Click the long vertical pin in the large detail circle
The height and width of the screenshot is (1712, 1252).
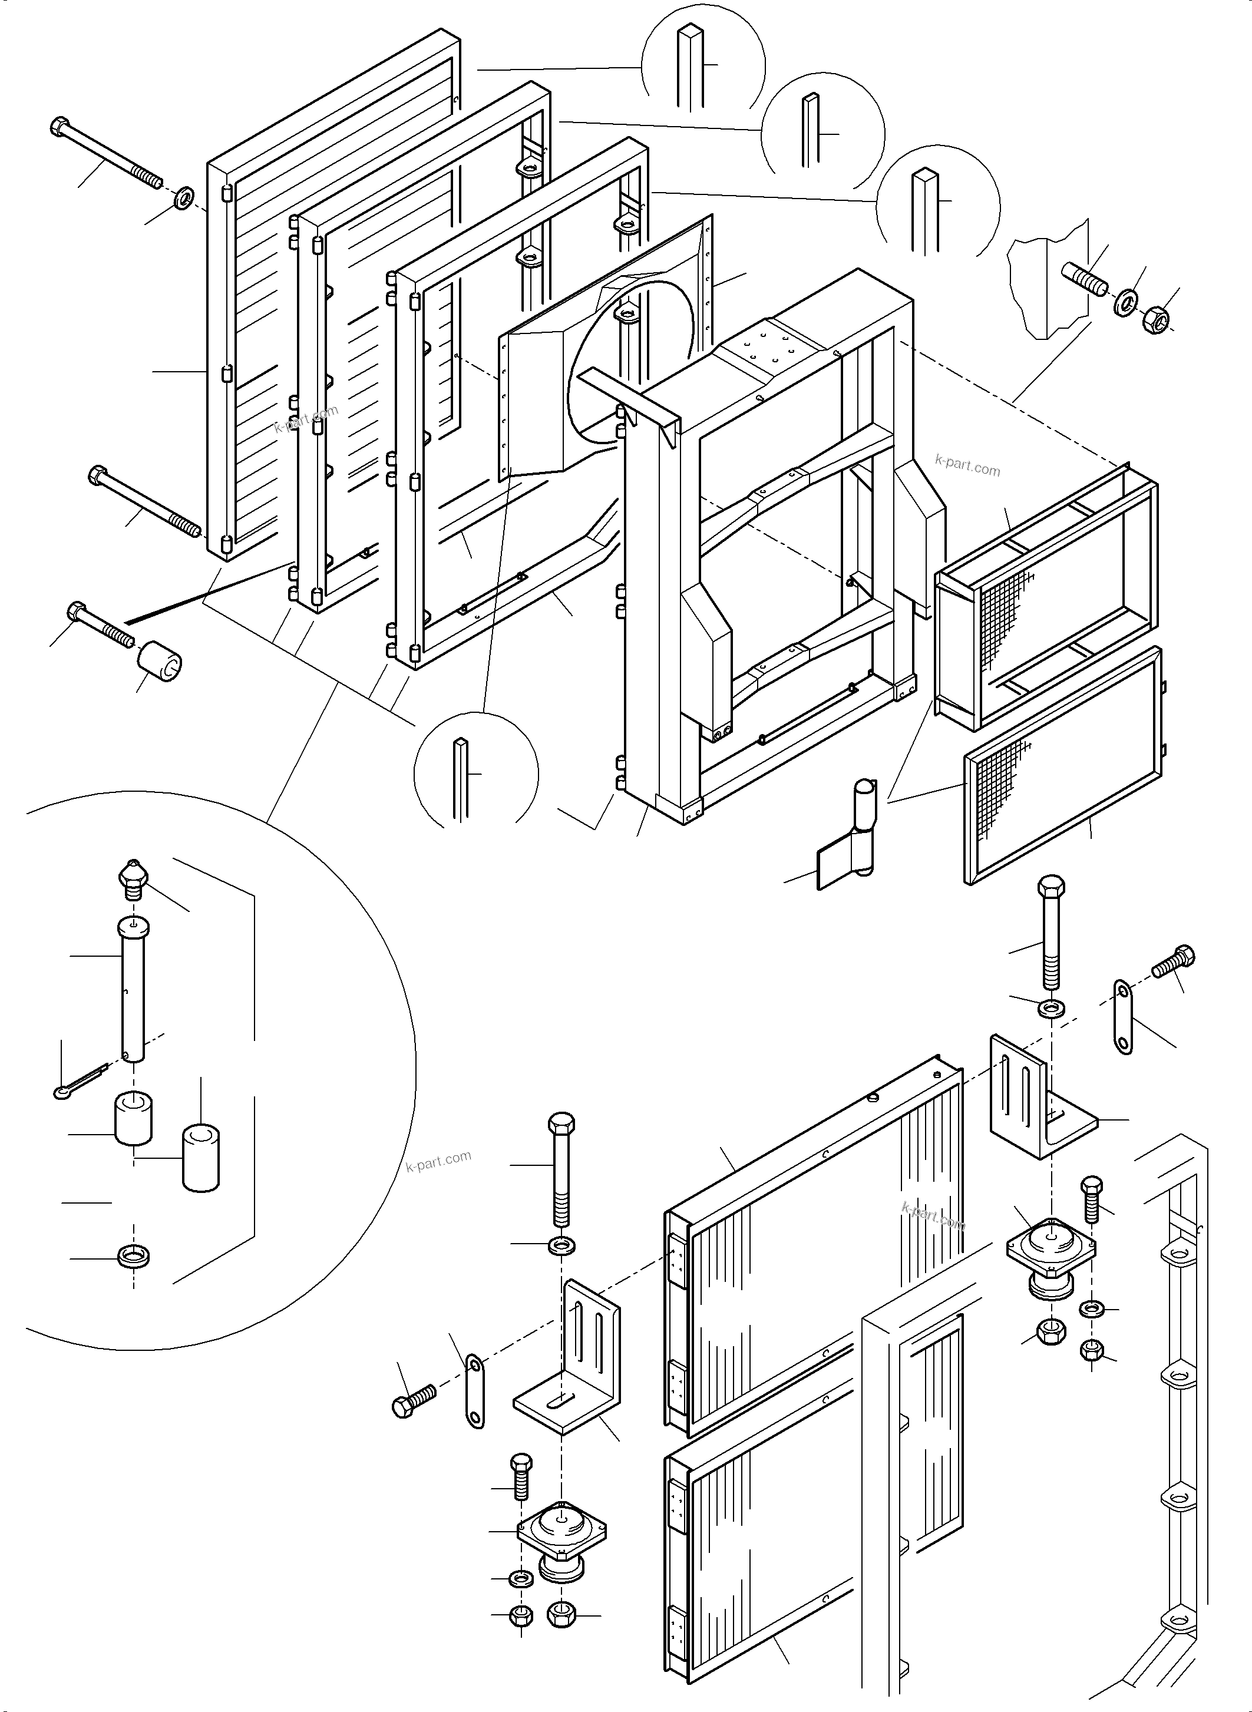(133, 989)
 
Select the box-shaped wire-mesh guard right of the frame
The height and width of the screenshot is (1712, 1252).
(1046, 598)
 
